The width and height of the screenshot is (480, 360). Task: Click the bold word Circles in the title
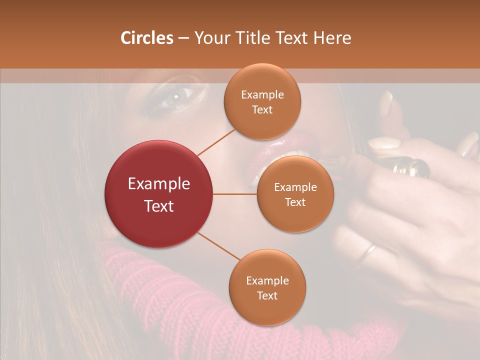(147, 38)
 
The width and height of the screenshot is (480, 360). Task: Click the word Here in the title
(332, 38)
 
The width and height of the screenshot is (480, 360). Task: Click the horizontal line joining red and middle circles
(235, 194)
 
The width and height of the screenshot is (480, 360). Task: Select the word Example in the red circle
(159, 184)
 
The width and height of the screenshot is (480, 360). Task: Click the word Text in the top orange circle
(262, 109)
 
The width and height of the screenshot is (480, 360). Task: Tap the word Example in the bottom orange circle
(267, 280)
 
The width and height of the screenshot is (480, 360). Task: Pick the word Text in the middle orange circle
(295, 202)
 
